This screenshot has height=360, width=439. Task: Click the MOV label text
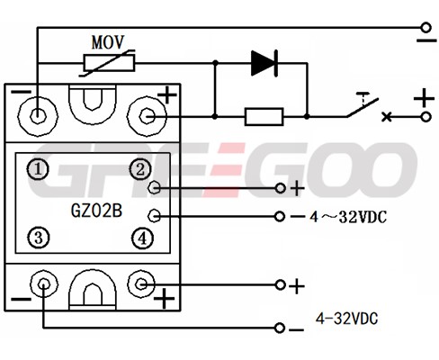pyautogui.click(x=108, y=42)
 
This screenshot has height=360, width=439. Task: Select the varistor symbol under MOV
pyautogui.click(x=109, y=63)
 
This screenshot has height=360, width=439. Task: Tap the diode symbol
pyautogui.click(x=264, y=63)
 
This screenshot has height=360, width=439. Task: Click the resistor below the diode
pyautogui.click(x=264, y=116)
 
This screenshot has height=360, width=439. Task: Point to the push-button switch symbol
pyautogui.click(x=363, y=106)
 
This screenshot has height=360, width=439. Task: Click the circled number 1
pyautogui.click(x=38, y=169)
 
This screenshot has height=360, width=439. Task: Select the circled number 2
pyautogui.click(x=140, y=169)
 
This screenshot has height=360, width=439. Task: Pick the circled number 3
pyautogui.click(x=39, y=238)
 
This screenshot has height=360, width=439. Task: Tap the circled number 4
pyautogui.click(x=142, y=238)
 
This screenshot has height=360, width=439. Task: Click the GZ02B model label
pyautogui.click(x=96, y=211)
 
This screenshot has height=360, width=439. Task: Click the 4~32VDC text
pyautogui.click(x=348, y=217)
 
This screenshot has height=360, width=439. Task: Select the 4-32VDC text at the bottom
pyautogui.click(x=347, y=319)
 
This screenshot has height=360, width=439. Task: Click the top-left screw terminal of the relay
pyautogui.click(x=37, y=116)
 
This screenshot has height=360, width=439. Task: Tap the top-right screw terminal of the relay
pyautogui.click(x=147, y=116)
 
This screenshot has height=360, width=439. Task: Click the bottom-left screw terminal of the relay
pyautogui.click(x=44, y=283)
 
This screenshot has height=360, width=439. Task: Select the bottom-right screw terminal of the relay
pyautogui.click(x=141, y=283)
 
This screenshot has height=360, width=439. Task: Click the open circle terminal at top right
pyautogui.click(x=426, y=28)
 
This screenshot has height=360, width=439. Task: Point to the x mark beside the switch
pyautogui.click(x=387, y=117)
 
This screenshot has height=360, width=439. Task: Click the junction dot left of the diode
pyautogui.click(x=215, y=63)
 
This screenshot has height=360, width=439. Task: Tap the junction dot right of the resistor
pyautogui.click(x=307, y=116)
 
